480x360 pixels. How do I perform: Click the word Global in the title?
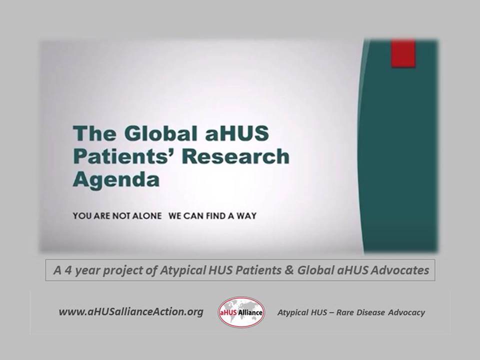[153, 134]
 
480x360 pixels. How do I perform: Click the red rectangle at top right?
[403, 53]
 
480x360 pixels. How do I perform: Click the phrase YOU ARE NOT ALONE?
[117, 216]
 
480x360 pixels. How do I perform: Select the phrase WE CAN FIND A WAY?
[212, 216]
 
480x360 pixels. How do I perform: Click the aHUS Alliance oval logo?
[241, 312]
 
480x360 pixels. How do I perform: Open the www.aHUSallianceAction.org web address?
[131, 312]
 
